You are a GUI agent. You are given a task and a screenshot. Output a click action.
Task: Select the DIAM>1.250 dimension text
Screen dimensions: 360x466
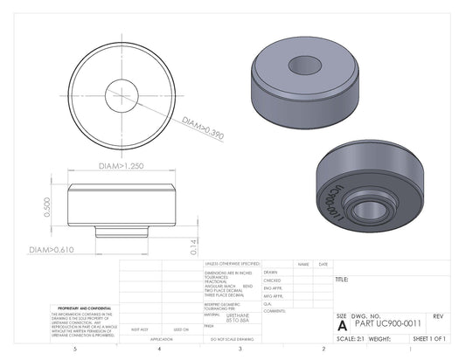coord(120,165)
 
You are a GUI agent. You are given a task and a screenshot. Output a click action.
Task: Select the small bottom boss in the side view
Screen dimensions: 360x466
coord(121,231)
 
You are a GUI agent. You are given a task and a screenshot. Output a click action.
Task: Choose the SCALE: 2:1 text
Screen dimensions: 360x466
coord(350,337)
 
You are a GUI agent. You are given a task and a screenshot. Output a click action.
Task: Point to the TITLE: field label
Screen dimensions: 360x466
coord(342,280)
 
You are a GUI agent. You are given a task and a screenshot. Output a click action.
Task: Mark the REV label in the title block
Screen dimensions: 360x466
coord(438,315)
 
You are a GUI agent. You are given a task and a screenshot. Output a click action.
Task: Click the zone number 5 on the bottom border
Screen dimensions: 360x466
coord(75,349)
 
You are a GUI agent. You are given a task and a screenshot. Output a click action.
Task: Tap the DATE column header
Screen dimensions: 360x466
coord(323,264)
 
